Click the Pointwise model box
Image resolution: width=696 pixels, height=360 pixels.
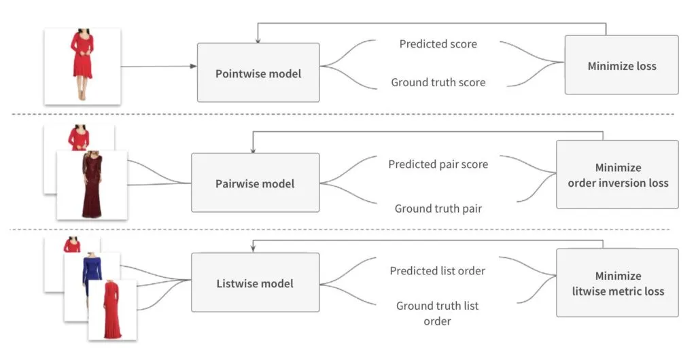tap(258, 73)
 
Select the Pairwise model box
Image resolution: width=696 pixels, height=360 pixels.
tap(255, 183)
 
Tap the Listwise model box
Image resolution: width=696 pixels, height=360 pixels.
tap(255, 283)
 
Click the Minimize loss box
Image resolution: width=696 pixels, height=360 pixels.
tap(621, 65)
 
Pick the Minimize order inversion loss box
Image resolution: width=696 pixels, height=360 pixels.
tap(616, 175)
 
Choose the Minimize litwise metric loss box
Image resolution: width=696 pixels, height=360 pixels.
tap(616, 283)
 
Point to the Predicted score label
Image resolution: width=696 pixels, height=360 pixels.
tap(438, 44)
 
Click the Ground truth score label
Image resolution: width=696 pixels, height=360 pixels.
tap(438, 82)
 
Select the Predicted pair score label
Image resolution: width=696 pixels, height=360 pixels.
tap(438, 164)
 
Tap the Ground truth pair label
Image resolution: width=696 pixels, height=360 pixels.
tap(438, 209)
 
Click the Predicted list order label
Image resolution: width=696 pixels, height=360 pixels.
tap(437, 271)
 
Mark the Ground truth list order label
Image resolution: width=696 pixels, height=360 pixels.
tap(437, 313)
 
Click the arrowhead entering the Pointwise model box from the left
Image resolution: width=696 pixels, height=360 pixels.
tap(193, 67)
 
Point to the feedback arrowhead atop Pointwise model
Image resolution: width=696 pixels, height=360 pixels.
tap(258, 40)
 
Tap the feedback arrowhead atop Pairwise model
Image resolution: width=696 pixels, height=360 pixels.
tap(252, 149)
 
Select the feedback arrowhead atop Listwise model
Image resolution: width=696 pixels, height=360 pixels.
tap(253, 249)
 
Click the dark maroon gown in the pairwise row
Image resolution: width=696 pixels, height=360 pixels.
tap(91, 185)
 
